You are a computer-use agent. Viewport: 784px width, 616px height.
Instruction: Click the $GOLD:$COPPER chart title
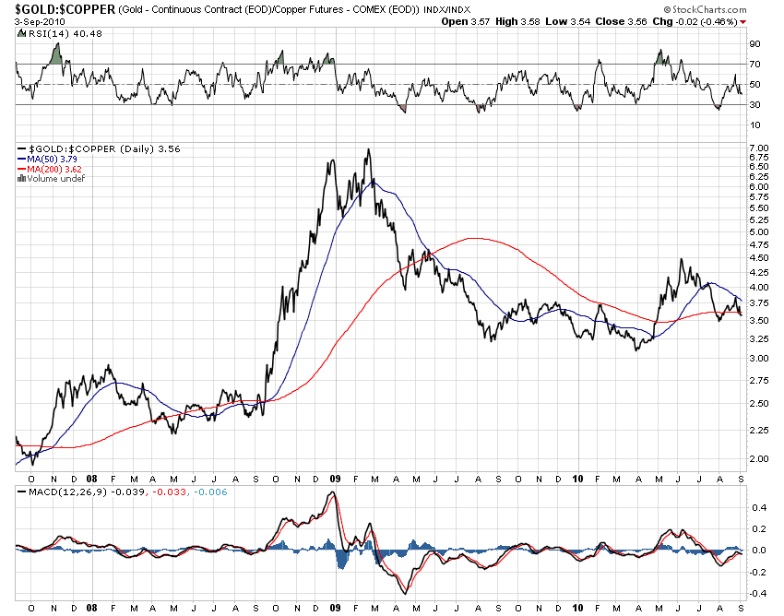point(58,9)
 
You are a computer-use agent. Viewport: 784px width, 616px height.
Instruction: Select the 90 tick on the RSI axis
point(754,43)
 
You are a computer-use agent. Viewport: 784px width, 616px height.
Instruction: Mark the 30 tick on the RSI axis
point(754,104)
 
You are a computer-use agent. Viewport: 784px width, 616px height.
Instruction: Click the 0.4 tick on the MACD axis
point(755,506)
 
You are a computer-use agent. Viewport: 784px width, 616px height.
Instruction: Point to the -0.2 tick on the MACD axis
point(755,572)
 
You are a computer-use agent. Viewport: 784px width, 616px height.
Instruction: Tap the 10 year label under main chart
point(578,480)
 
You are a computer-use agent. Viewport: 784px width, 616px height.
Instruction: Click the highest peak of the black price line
point(368,149)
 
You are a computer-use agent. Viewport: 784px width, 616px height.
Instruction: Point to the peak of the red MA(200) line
point(472,238)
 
